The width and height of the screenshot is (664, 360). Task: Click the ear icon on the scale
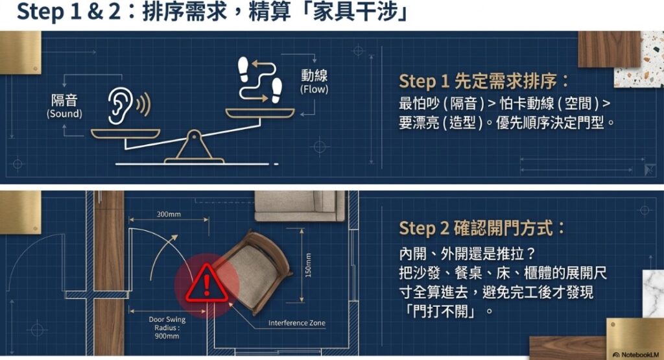pos(127,106)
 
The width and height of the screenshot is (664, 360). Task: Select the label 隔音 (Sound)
pos(64,106)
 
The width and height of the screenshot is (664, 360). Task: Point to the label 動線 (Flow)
pos(314,82)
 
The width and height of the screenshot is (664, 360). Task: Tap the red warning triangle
pos(207,283)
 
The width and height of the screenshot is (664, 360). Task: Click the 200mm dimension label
pos(169,214)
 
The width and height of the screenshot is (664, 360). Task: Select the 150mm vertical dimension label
pos(308,265)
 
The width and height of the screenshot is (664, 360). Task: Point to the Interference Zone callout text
pos(297,323)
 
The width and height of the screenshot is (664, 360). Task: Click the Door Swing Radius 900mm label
pos(167,328)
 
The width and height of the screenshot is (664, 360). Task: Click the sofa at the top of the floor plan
pos(300,206)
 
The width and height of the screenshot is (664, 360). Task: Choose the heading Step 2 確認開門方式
pos(482,228)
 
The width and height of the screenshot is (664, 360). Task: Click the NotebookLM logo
pos(636,355)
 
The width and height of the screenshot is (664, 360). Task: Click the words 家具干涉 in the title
pos(356,12)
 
